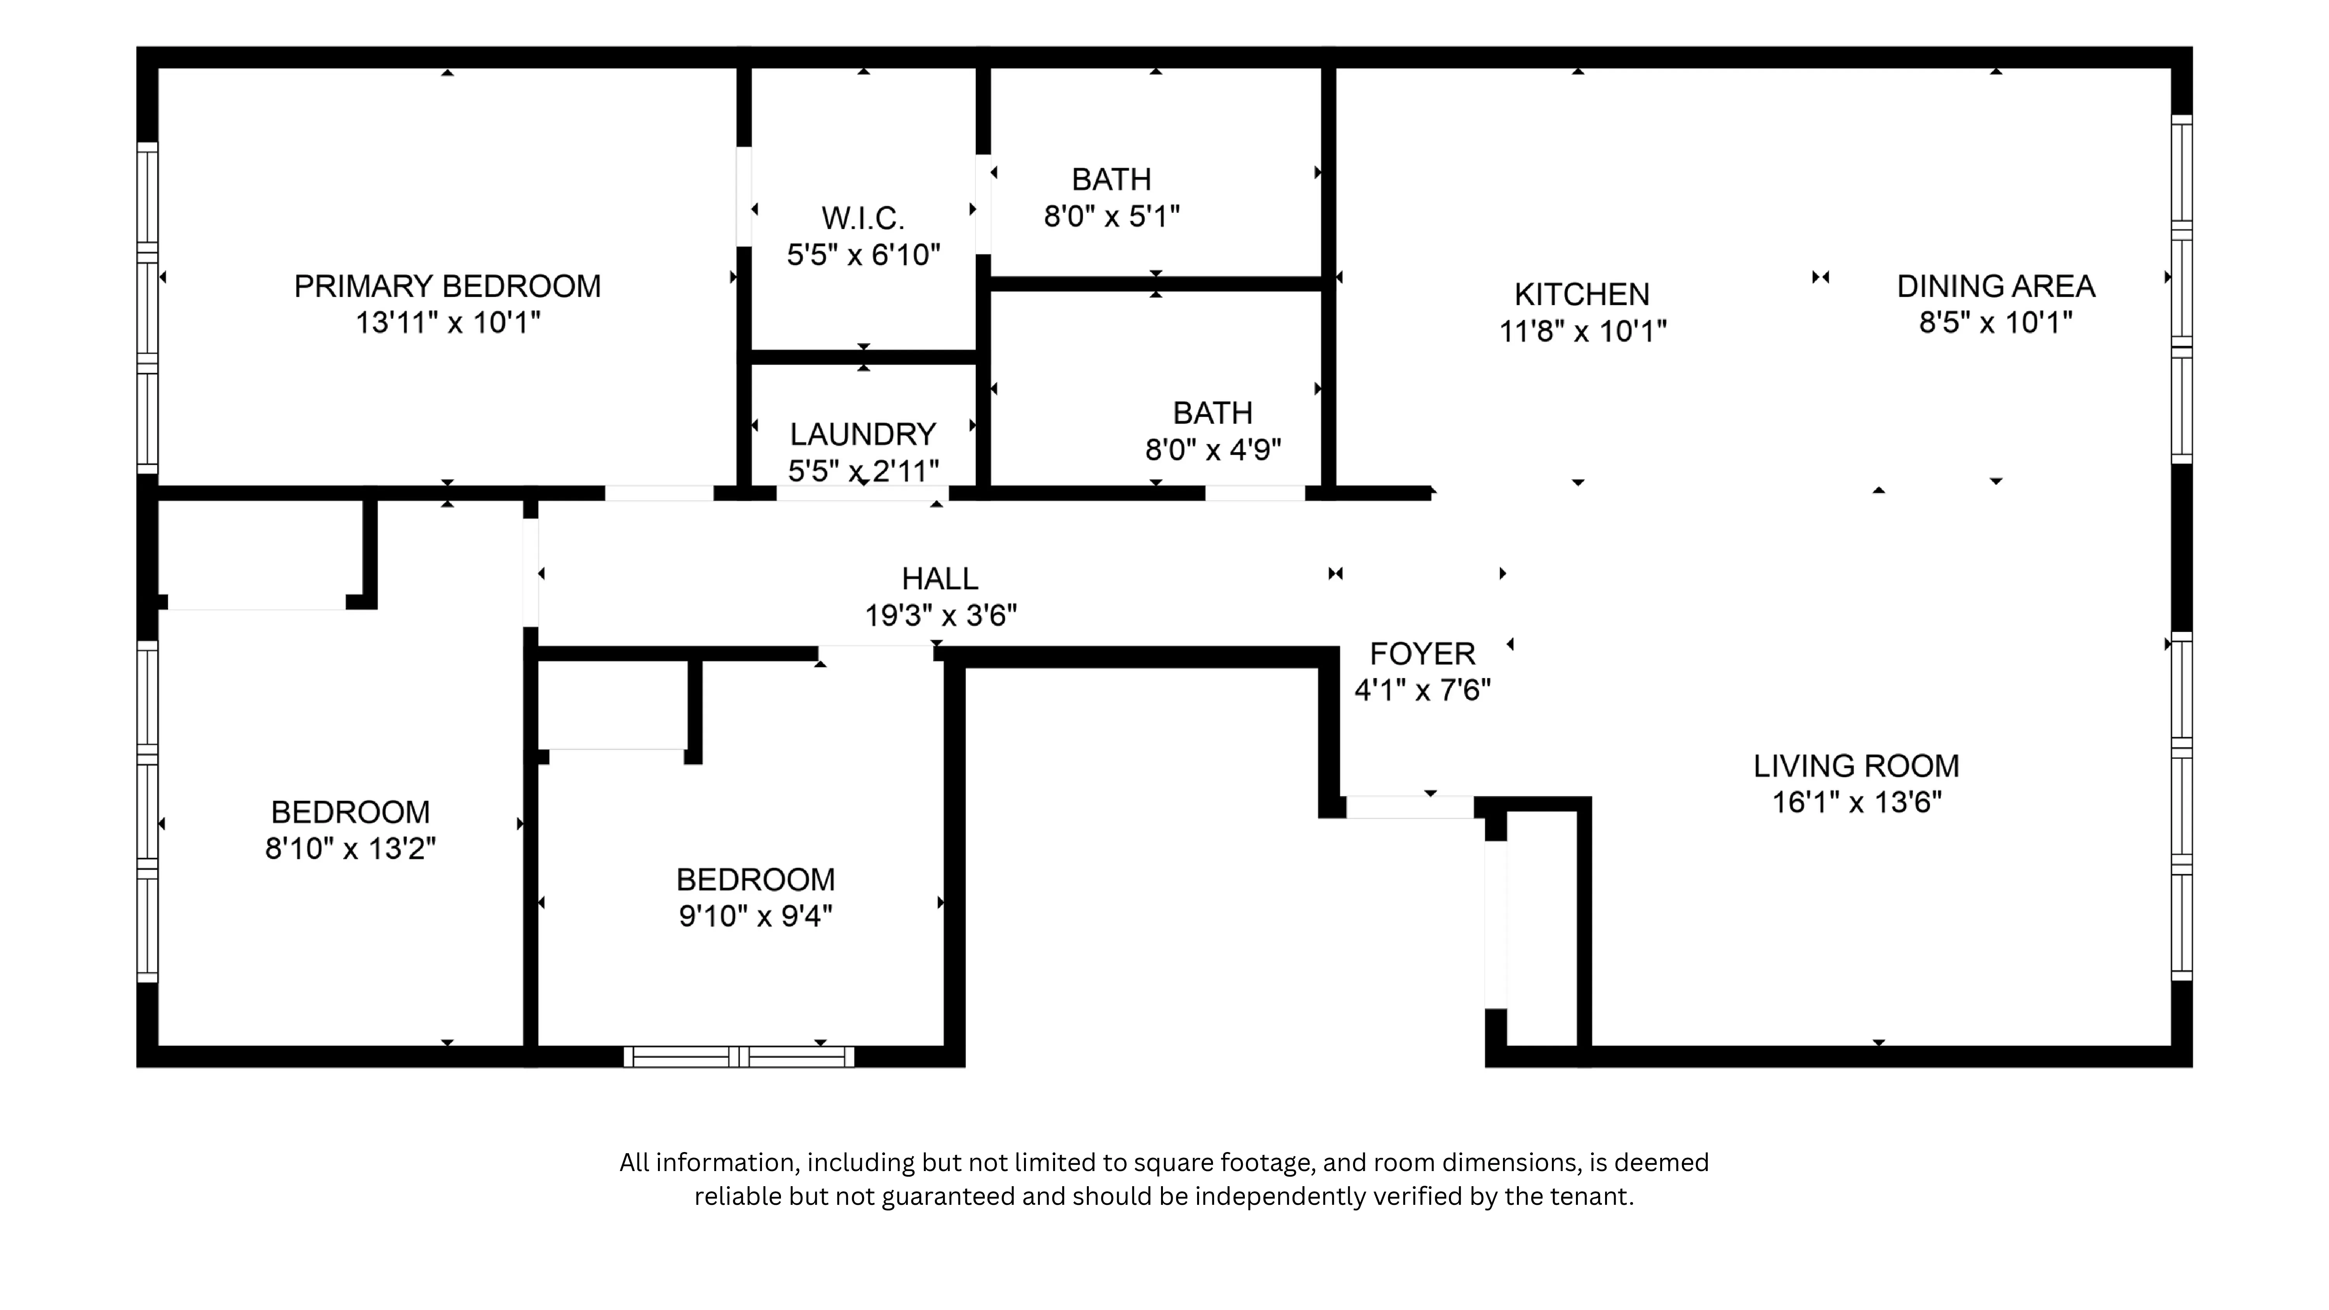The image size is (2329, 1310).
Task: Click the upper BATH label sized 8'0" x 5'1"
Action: (x=1111, y=180)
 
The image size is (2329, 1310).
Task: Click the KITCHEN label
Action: (x=1581, y=295)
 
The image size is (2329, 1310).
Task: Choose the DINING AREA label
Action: (x=1996, y=286)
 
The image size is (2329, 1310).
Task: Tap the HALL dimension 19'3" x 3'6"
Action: (x=940, y=616)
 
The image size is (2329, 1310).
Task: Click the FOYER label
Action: (x=1422, y=654)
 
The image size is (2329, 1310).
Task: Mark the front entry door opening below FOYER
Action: (x=1409, y=807)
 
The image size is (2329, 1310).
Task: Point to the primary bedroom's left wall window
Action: (x=148, y=307)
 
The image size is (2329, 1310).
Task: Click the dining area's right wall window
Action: (x=2181, y=289)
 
